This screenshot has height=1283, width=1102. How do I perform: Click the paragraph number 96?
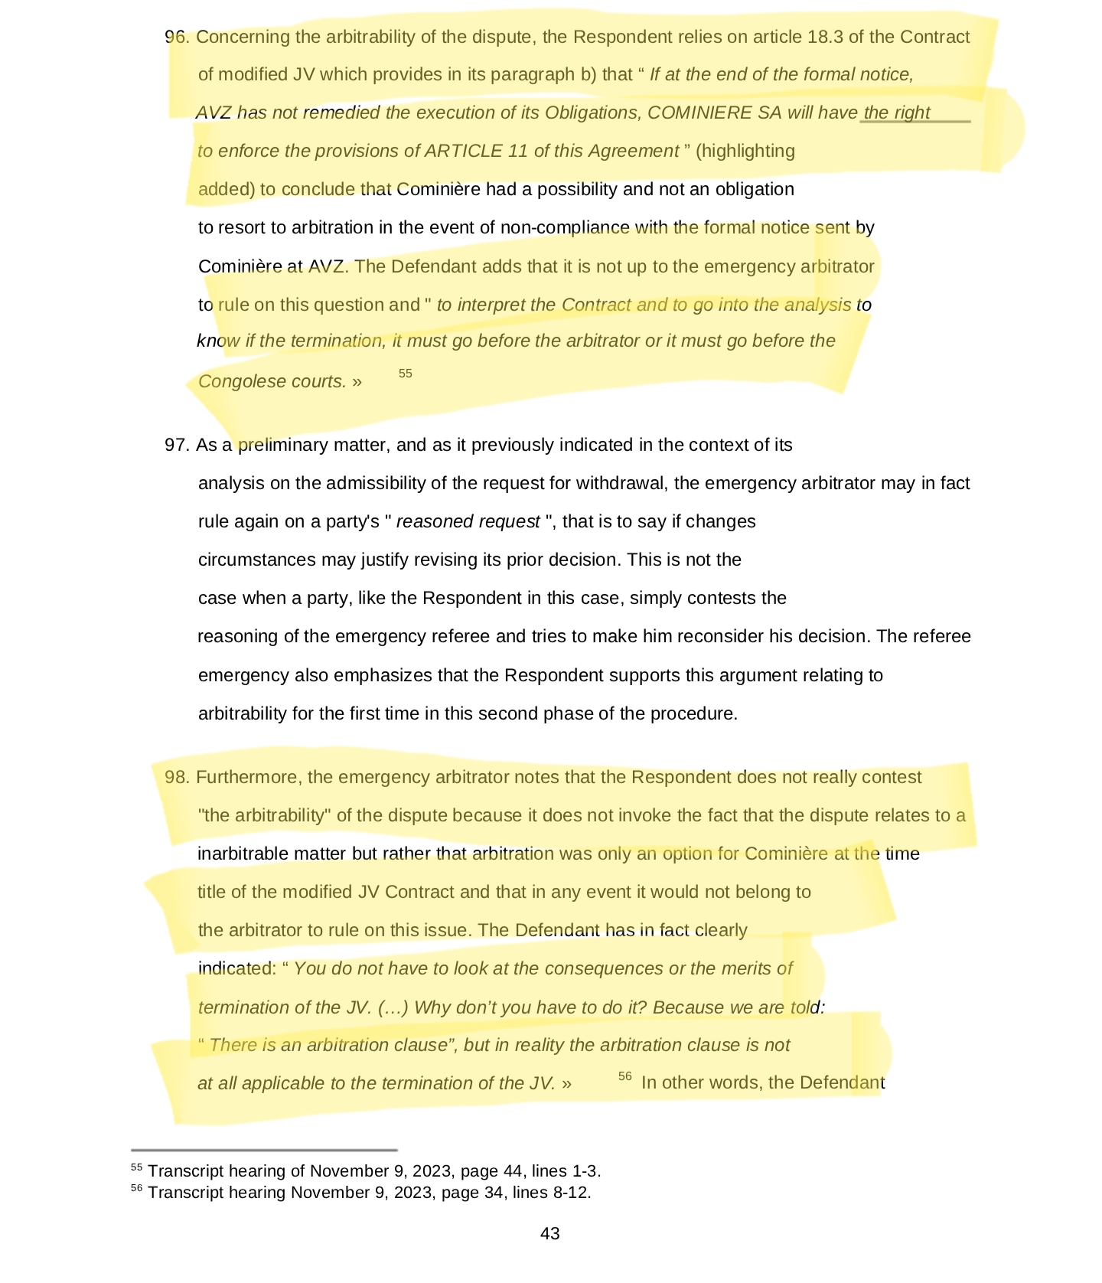click(176, 37)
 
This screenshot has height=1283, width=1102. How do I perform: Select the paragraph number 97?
click(176, 445)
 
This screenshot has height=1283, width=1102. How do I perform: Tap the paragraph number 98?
click(176, 777)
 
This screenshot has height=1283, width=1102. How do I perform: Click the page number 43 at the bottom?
click(549, 1233)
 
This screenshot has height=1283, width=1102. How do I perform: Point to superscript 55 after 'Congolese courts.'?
click(406, 374)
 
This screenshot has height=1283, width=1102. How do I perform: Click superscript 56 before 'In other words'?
click(625, 1076)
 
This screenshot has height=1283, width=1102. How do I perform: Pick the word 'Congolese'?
click(233, 381)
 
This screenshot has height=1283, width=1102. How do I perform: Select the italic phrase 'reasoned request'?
click(468, 521)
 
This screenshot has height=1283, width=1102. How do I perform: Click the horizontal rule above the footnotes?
click(264, 1150)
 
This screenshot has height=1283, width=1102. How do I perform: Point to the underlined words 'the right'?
click(897, 113)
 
